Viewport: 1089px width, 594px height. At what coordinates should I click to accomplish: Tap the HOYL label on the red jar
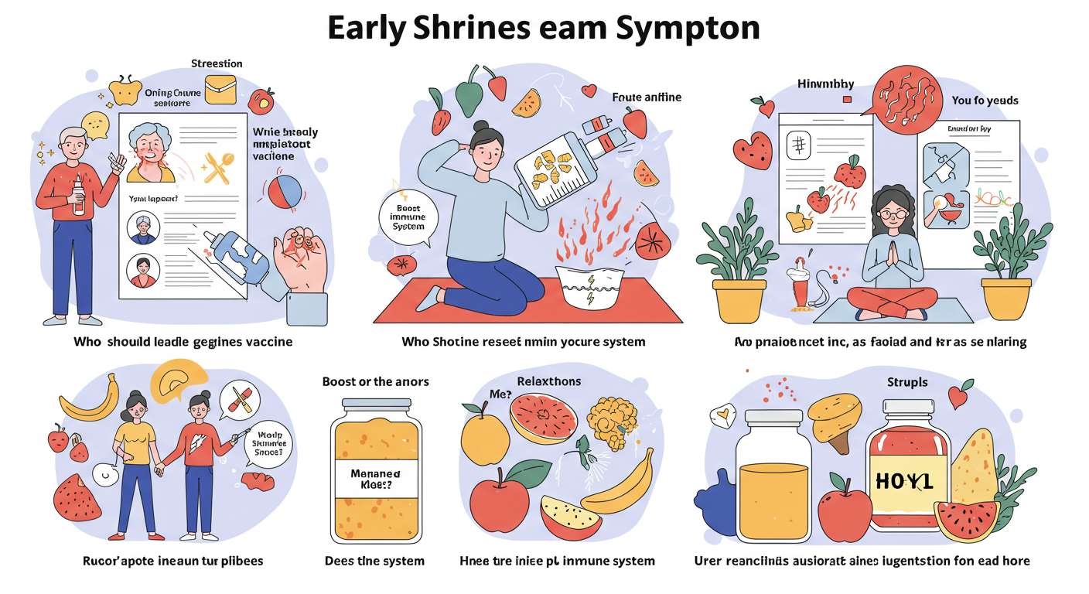click(x=905, y=481)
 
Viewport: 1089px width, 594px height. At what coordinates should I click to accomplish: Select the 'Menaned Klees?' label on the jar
click(x=374, y=480)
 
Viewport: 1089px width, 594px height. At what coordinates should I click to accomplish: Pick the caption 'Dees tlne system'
click(x=374, y=560)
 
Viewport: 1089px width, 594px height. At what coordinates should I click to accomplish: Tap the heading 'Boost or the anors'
click(x=375, y=381)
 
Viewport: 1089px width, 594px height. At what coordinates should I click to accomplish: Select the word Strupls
click(x=907, y=382)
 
